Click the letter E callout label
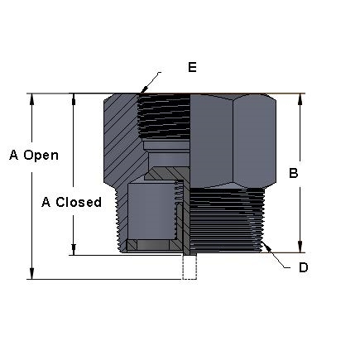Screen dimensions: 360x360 tap(192, 67)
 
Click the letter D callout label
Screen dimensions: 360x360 tap(304, 267)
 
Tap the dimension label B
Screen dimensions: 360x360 tap(292, 174)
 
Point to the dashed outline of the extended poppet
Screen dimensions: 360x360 tap(190, 267)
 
